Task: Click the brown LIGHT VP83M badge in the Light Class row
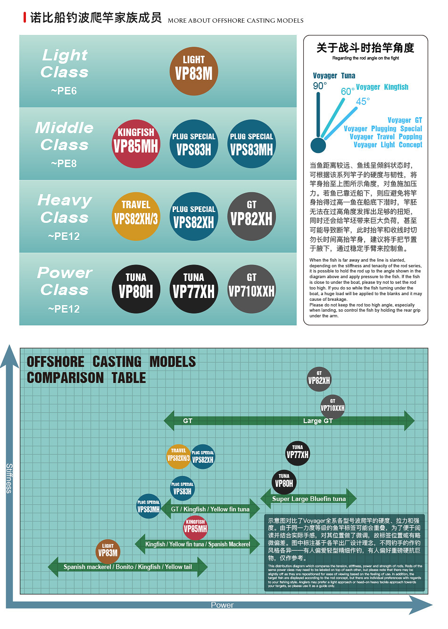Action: tap(194, 71)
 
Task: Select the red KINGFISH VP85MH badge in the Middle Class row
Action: tap(136, 144)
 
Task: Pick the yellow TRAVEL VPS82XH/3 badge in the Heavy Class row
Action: tap(136, 216)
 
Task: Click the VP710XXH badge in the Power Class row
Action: tap(251, 289)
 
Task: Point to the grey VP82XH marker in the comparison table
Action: tap(319, 379)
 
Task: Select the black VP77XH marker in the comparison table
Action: tap(298, 453)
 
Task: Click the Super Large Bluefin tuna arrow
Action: tap(309, 499)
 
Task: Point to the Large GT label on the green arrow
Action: tap(318, 421)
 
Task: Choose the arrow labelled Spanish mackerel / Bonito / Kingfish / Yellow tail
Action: tap(127, 567)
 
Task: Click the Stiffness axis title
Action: tap(9, 478)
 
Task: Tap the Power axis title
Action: tap(222, 605)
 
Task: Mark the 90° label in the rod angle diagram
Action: tap(320, 86)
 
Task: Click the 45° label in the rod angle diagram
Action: tap(363, 102)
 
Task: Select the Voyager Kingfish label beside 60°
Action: tap(382, 87)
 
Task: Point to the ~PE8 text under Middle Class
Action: tap(64, 163)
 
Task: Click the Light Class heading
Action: tap(65, 63)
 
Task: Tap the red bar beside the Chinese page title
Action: tap(25, 18)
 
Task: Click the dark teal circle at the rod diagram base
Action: tap(318, 145)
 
